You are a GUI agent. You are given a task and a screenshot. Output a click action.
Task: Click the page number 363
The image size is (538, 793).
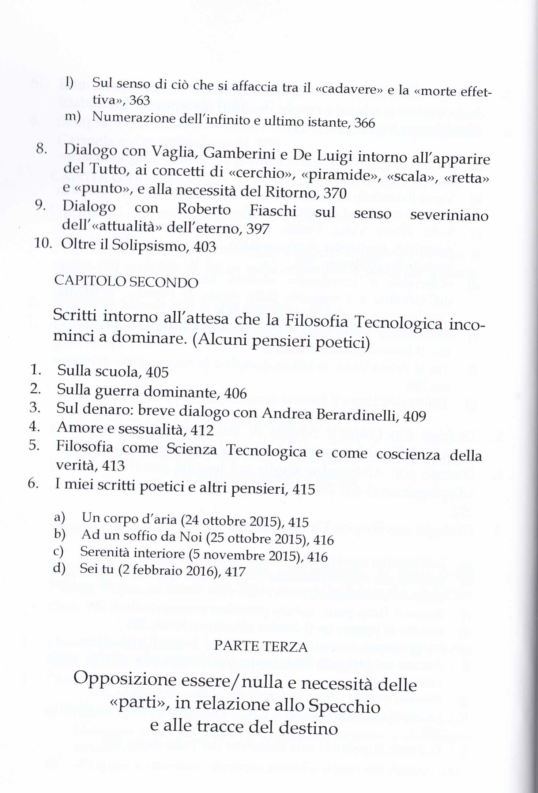pos(140,100)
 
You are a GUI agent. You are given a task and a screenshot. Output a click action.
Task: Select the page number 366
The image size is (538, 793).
pos(365,123)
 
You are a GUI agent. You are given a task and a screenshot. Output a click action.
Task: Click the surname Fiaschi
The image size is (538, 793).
pos(273,211)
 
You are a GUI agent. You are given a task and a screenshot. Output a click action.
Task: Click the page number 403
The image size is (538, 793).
pos(205,247)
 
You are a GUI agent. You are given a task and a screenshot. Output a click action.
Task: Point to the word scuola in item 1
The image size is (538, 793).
pos(117,371)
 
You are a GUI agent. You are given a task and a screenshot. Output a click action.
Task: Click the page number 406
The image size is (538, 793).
pos(235,393)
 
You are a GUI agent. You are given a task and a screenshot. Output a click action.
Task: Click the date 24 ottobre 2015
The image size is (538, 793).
pos(232,520)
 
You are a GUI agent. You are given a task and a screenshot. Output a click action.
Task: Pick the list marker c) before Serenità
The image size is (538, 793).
pos(59,551)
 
